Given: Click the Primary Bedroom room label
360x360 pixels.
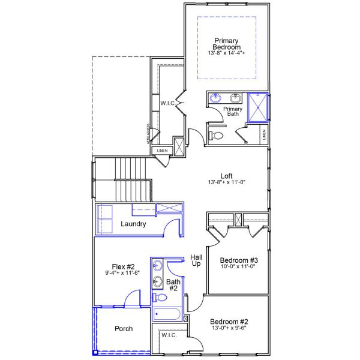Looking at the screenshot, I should pos(227,44).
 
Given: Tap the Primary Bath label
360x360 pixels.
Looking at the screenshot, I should pos(232,112).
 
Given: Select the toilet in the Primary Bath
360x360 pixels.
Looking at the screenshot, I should pos(217,136).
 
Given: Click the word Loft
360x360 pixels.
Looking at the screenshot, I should pos(226,176).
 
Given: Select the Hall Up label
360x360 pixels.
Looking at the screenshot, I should pos(196,260).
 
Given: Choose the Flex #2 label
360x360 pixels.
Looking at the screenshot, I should pos(123,267).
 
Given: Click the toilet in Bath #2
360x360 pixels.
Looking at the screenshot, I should pos(160,298).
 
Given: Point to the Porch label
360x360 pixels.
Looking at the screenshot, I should pos(123,329).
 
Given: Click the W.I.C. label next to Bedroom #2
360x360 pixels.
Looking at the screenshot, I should pos(169,335).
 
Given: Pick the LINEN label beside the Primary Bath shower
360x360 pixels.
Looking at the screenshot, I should pos(265,136).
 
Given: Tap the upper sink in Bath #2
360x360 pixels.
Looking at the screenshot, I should pos(158,266).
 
